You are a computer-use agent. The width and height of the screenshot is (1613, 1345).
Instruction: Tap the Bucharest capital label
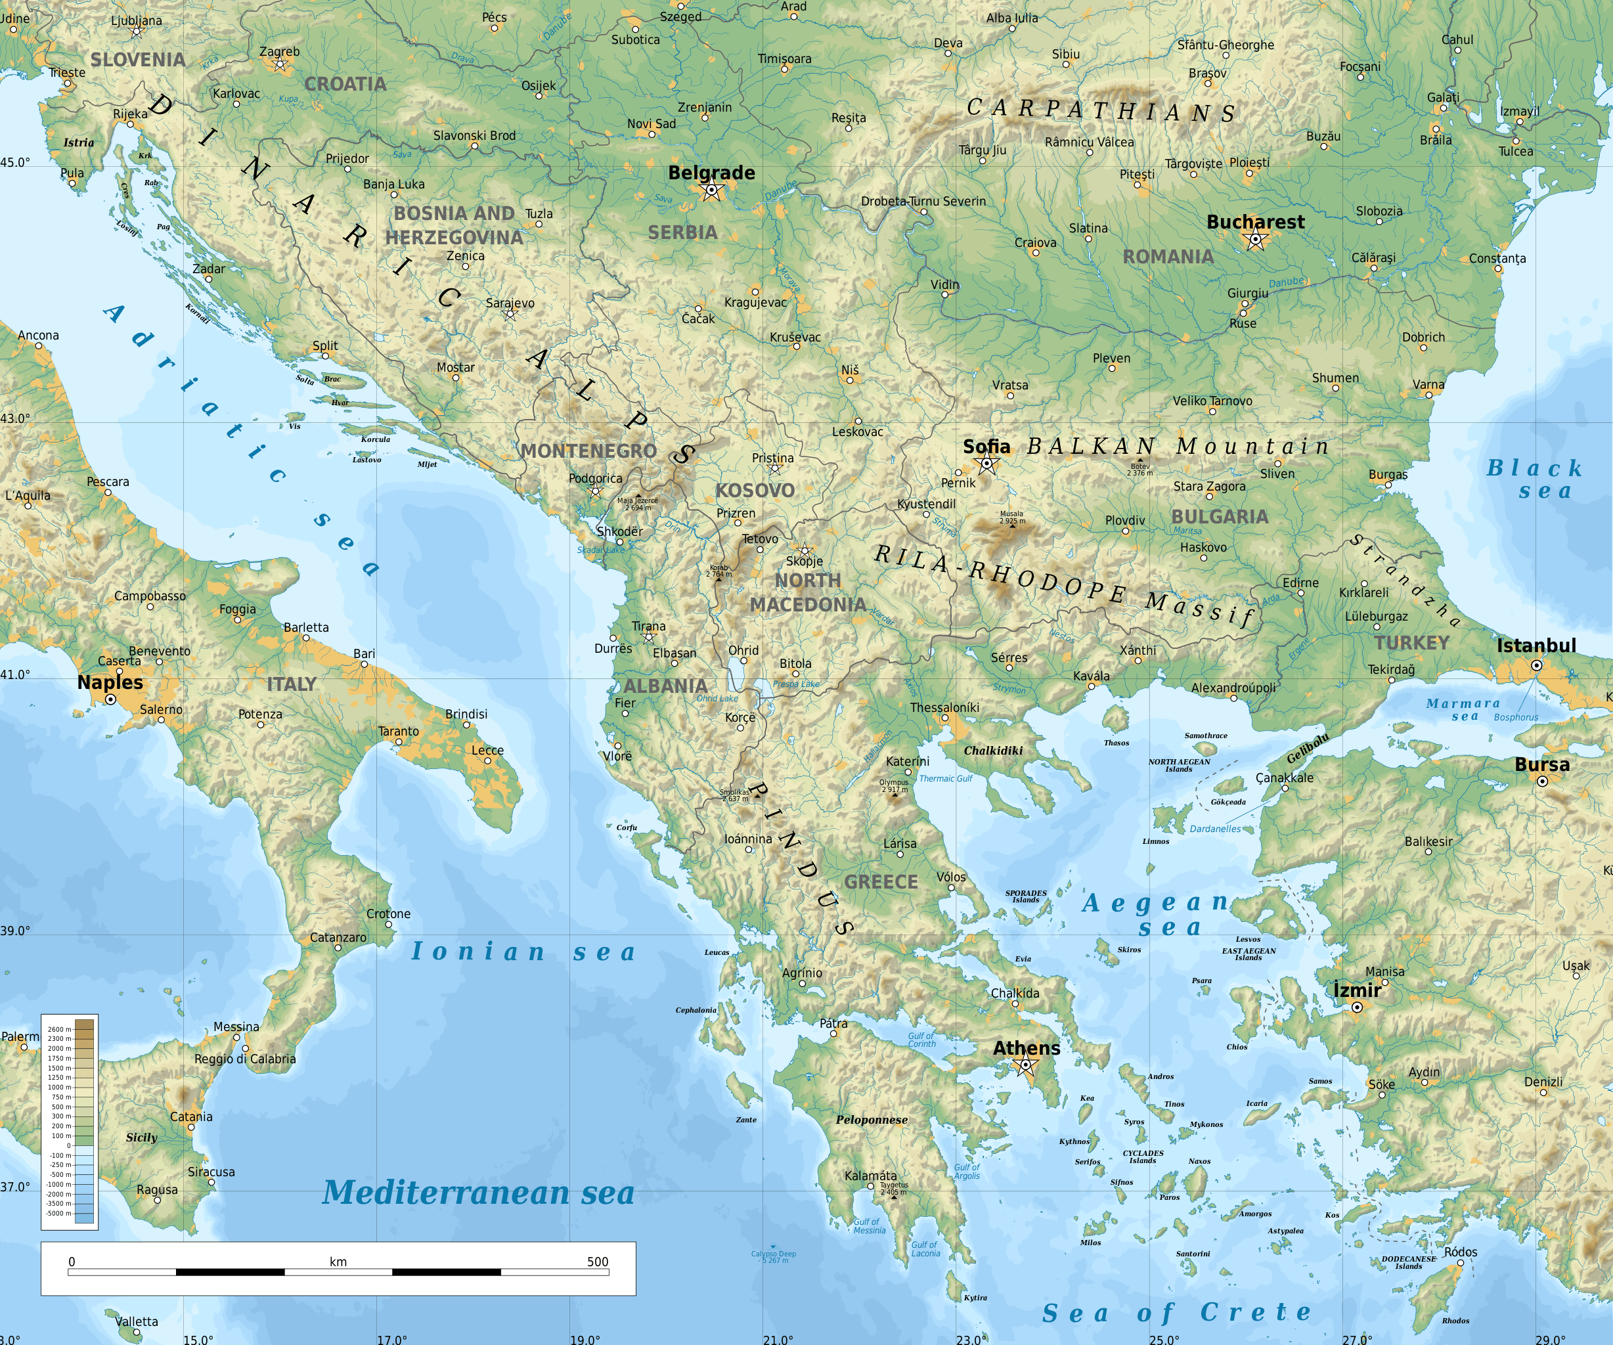click(x=1255, y=222)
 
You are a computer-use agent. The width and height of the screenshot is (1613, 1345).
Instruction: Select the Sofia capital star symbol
click(x=987, y=463)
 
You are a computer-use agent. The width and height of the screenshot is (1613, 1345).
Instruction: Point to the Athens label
click(x=1026, y=1047)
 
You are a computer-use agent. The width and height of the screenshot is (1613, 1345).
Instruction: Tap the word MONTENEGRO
click(x=588, y=451)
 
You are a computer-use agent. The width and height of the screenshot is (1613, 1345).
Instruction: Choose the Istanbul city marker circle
click(x=1536, y=665)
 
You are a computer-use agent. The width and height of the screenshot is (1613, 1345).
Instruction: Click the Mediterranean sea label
click(x=477, y=1193)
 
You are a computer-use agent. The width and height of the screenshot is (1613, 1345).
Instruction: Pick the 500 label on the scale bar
click(x=597, y=1262)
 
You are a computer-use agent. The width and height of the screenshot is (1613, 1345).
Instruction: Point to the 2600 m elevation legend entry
click(x=59, y=1029)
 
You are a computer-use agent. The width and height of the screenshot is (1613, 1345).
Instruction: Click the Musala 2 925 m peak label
click(x=1011, y=518)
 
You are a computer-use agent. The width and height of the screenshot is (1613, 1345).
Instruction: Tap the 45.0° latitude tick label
click(x=15, y=162)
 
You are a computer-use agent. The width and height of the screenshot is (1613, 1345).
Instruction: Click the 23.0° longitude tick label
click(x=971, y=1339)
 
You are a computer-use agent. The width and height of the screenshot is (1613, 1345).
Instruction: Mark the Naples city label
click(x=110, y=682)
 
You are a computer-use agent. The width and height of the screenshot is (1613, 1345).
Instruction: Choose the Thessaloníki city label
click(x=945, y=707)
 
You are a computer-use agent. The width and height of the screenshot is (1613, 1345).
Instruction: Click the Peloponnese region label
click(x=872, y=1120)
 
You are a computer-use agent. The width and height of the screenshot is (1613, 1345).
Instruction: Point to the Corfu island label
click(x=627, y=827)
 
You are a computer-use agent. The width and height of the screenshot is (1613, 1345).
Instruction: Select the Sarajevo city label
click(x=510, y=303)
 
